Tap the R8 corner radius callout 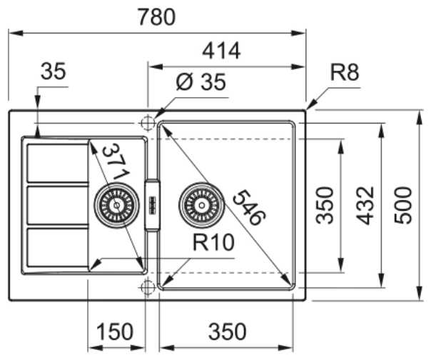pyautogui.click(x=344, y=71)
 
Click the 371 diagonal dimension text pyautogui.click(x=113, y=163)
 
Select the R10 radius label pyautogui.click(x=213, y=244)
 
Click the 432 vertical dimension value pyautogui.click(x=366, y=206)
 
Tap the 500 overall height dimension pyautogui.click(x=405, y=206)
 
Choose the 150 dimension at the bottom pyautogui.click(x=115, y=332)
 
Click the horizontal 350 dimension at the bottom pyautogui.click(x=227, y=332)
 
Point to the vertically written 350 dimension pyautogui.click(x=325, y=206)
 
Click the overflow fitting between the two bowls pyautogui.click(x=153, y=205)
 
